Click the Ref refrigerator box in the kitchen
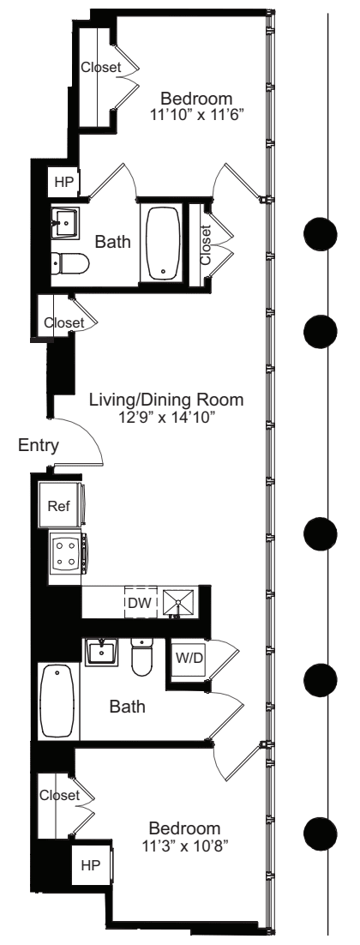click(59, 506)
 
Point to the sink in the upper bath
click(65, 221)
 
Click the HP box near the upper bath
click(63, 182)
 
